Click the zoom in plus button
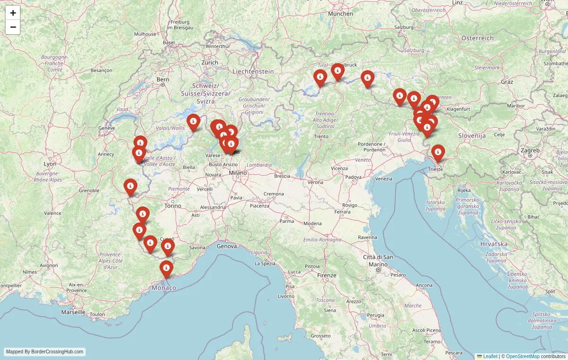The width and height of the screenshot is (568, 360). click(x=13, y=13)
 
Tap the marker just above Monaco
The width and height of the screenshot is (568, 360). click(x=166, y=269)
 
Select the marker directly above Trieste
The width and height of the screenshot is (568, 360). click(x=438, y=152)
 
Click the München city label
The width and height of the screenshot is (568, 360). click(x=341, y=14)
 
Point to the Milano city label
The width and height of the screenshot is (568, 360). click(x=238, y=173)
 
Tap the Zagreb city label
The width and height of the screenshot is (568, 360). click(x=530, y=150)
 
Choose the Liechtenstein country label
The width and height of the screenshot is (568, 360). click(x=253, y=71)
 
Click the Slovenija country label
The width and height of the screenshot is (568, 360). click(x=472, y=136)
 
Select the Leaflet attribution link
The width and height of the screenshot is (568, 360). click(x=490, y=356)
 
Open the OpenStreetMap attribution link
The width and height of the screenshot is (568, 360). click(x=523, y=356)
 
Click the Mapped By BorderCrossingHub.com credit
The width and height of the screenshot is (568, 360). click(x=45, y=352)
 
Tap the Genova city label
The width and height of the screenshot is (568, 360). click(x=226, y=246)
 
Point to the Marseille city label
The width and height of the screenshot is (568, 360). click(x=73, y=312)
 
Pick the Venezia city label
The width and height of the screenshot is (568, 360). click(x=383, y=179)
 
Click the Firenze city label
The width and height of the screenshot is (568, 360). click(x=327, y=275)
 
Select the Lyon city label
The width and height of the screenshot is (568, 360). click(x=50, y=164)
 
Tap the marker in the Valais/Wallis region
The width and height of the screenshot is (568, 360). click(x=193, y=122)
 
